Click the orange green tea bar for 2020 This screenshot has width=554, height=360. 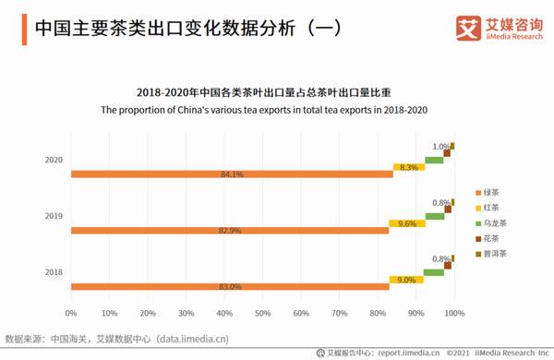(231, 174)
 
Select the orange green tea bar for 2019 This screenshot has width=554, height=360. (231, 230)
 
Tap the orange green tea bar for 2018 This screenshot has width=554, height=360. (231, 287)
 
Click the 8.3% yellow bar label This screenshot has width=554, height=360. (408, 167)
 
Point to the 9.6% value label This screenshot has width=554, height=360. (407, 223)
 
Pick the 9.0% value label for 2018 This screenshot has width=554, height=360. (406, 280)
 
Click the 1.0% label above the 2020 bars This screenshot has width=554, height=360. (441, 147)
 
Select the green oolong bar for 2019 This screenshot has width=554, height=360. (434, 217)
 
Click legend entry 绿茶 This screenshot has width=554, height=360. (489, 193)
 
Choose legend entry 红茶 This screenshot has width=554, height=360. (489, 208)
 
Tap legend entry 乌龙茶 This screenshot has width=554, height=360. (491, 222)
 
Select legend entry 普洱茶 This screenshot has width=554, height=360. (491, 252)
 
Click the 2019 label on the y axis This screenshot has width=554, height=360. (54, 216)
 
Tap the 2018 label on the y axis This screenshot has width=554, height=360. (54, 272)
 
